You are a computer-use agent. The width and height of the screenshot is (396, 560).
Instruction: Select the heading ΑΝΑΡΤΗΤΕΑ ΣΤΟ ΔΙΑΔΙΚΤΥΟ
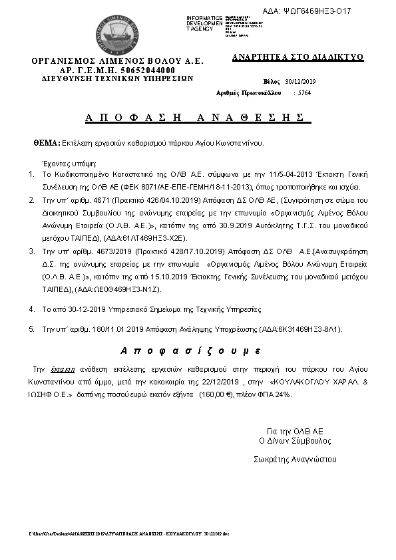pyautogui.click(x=297, y=57)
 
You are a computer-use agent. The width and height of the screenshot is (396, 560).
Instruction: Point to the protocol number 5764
pyautogui.click(x=303, y=93)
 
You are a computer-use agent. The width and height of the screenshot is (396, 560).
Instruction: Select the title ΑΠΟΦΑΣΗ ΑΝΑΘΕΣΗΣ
pyautogui.click(x=189, y=118)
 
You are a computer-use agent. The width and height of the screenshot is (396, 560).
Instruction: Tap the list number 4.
pyautogui.click(x=31, y=309)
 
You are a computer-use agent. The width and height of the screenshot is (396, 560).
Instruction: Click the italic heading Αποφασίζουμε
pyautogui.click(x=190, y=350)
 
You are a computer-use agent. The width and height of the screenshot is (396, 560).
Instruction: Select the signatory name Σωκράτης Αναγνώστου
pyautogui.click(x=295, y=459)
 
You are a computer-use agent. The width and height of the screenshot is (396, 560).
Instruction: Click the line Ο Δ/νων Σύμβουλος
pyautogui.click(x=295, y=441)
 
